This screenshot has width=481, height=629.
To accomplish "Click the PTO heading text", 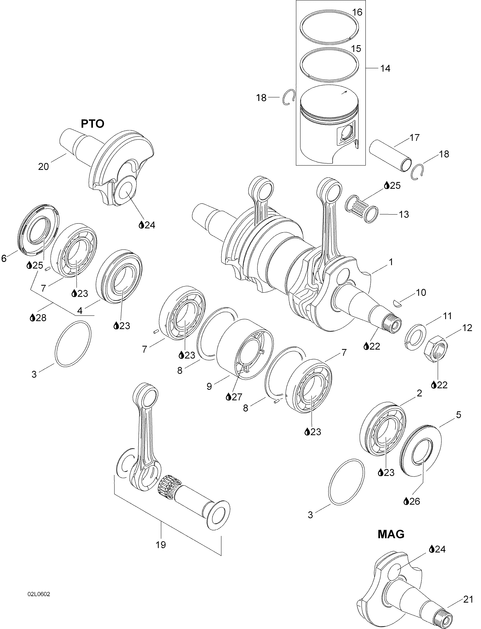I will click(x=92, y=124).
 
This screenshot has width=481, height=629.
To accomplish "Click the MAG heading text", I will click(x=391, y=534).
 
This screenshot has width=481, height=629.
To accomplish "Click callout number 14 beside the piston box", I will click(x=385, y=69).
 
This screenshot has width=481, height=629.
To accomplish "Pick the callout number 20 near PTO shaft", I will click(x=44, y=167).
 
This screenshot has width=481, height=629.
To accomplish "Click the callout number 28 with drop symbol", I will click(x=41, y=318).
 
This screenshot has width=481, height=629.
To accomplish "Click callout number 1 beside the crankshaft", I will click(x=391, y=262).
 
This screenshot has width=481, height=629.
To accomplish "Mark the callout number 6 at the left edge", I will click(x=4, y=258).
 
